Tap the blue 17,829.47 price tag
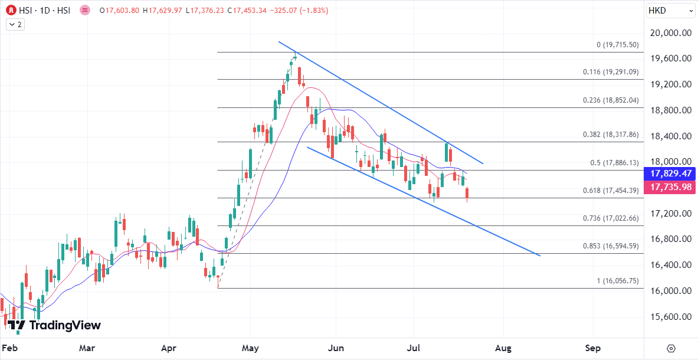(x=670, y=174)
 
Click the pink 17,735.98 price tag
(x=670, y=187)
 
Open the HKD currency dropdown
(x=669, y=10)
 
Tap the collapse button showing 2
(x=15, y=24)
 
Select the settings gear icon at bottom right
(x=671, y=348)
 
